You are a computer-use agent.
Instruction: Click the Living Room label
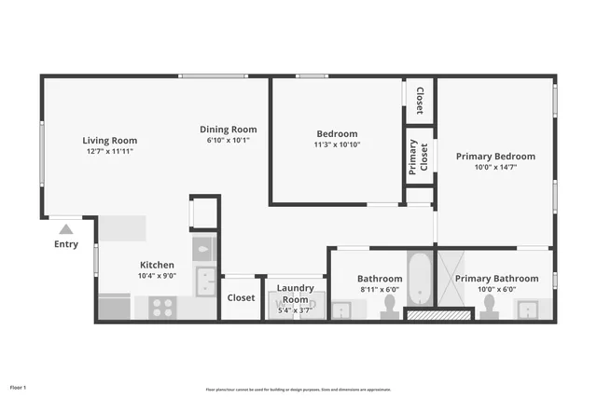110,140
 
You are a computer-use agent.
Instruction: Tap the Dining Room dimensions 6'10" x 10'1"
228,140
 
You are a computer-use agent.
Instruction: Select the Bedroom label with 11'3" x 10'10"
337,133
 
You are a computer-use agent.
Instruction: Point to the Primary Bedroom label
495,157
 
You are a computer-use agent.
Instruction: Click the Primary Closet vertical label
413,158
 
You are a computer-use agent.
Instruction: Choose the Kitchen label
157,265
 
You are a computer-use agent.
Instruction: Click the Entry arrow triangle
65,228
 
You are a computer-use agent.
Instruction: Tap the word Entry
66,244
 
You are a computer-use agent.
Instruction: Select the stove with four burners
162,308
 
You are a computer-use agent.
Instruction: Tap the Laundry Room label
296,295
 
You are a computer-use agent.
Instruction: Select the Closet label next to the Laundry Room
242,298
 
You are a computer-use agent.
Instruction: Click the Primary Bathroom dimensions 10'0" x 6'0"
495,290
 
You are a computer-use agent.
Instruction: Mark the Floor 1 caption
19,387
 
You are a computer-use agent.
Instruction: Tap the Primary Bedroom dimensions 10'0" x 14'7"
495,168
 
